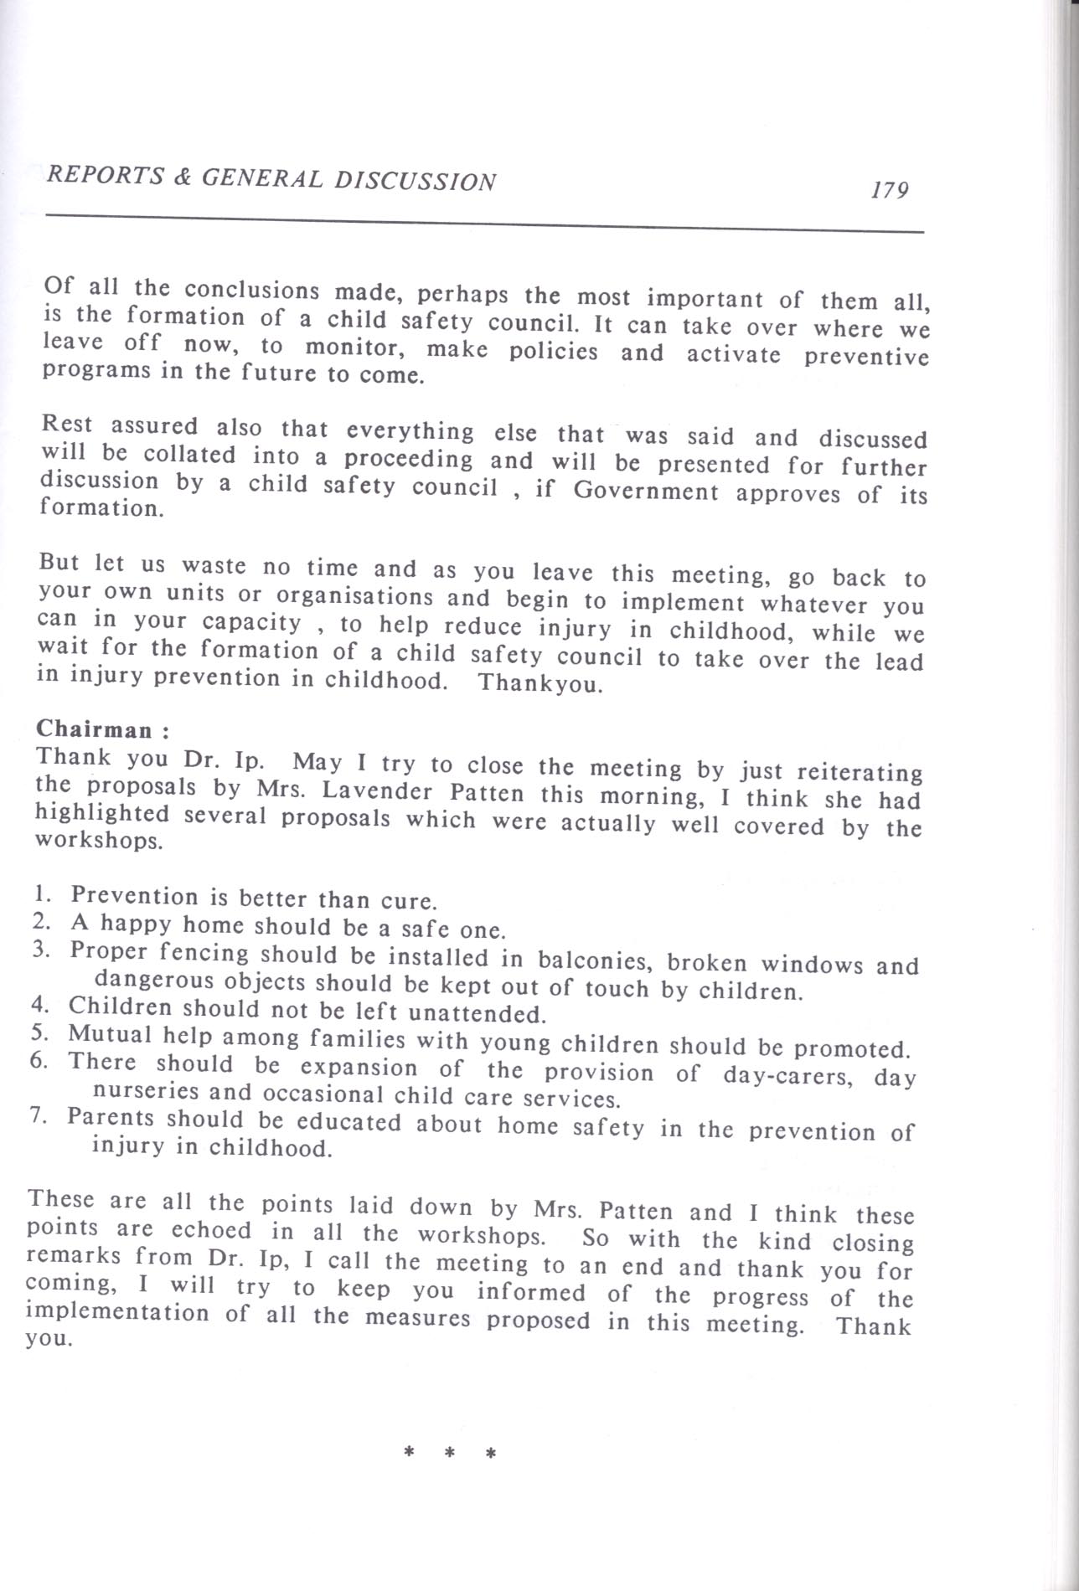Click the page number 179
coord(890,191)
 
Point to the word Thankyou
coord(540,683)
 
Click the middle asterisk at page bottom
coord(450,1454)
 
